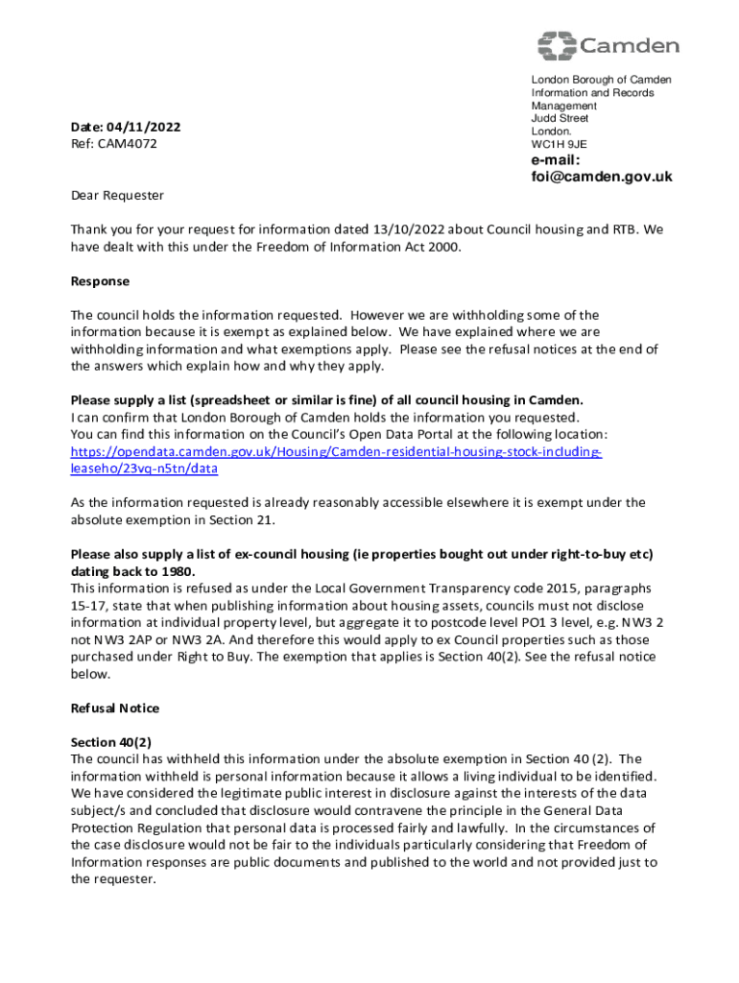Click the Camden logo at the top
pos(608,45)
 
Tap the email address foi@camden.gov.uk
pos(602,177)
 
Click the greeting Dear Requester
pos(117,196)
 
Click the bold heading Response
pos(100,281)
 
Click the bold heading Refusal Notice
pos(115,708)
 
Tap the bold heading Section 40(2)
pos(111,742)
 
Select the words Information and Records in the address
pos(592,93)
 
